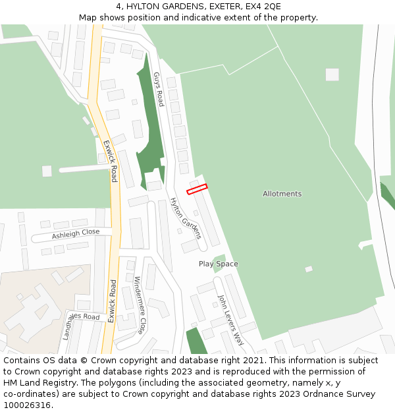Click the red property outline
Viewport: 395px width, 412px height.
pos(197,189)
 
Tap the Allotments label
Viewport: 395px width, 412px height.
pos(282,194)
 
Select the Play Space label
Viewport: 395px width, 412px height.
pos(219,264)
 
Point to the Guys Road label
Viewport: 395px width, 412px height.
pos(158,89)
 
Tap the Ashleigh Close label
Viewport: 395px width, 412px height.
pos(76,234)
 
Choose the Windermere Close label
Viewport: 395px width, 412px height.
pos(140,304)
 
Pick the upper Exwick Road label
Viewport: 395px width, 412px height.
pos(110,161)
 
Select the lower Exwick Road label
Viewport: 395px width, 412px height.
pos(113,301)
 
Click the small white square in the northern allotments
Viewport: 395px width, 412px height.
pos(332,74)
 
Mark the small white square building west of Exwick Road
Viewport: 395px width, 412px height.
pos(47,171)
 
